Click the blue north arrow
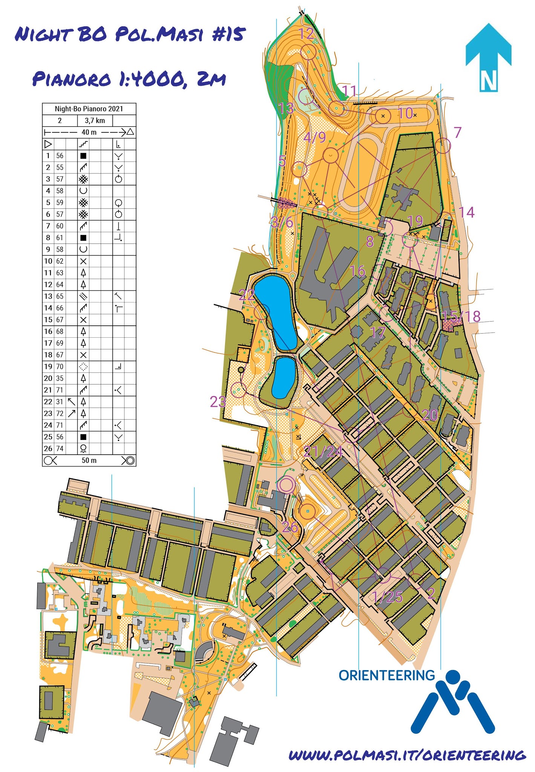(x=488, y=57)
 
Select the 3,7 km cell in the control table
(x=95, y=121)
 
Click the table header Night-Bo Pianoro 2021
(x=89, y=109)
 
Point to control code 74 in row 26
(x=60, y=449)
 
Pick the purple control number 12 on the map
(x=306, y=34)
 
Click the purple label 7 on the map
(x=457, y=132)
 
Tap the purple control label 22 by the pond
(x=247, y=295)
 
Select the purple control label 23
(x=218, y=402)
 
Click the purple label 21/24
(x=323, y=451)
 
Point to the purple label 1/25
(x=387, y=597)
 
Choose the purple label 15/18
(x=461, y=317)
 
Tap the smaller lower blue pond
(x=284, y=378)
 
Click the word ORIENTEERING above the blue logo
(x=386, y=675)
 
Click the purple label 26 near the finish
(x=290, y=527)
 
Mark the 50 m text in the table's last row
(x=89, y=460)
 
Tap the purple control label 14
(x=466, y=213)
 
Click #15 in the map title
(x=228, y=34)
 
